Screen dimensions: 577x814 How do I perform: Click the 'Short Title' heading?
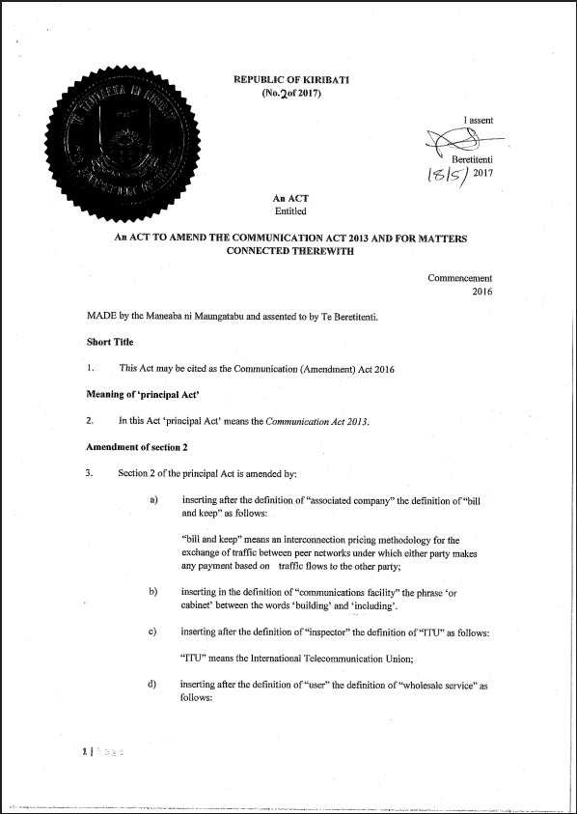click(110, 342)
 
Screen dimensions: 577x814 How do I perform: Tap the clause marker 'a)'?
click(153, 499)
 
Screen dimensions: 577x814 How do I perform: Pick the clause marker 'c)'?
click(153, 632)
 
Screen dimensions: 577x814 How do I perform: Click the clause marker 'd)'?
click(153, 685)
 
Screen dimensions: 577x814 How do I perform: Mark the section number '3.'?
click(90, 473)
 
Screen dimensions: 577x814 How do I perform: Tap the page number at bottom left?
click(87, 749)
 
